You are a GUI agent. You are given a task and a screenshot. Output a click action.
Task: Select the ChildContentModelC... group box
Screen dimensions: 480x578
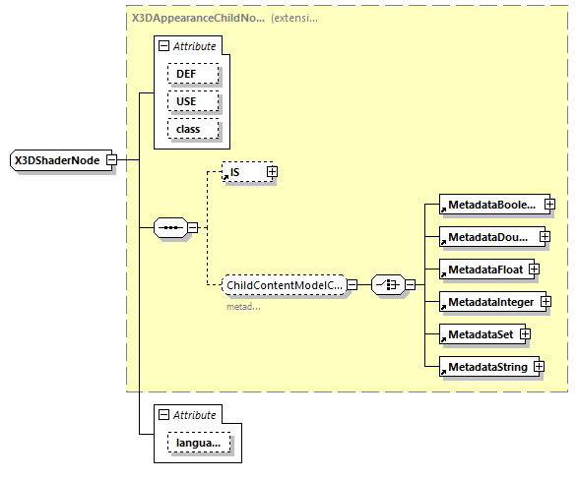click(285, 285)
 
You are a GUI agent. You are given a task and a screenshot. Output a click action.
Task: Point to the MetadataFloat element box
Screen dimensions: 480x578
click(483, 269)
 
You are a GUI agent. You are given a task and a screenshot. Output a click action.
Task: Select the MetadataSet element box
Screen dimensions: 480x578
click(480, 333)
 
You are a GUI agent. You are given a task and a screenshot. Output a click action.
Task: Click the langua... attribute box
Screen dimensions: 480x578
click(199, 445)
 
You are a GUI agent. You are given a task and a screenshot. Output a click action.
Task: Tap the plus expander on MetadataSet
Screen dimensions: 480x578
click(526, 333)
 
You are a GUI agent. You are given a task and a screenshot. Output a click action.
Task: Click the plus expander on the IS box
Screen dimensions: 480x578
click(273, 171)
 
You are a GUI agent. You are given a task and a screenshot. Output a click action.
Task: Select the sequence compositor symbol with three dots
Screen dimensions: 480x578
click(171, 228)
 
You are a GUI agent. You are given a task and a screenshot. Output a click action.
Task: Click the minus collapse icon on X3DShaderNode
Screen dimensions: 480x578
click(111, 159)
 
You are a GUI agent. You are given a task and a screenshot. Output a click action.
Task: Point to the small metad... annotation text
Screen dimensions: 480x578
click(243, 306)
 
